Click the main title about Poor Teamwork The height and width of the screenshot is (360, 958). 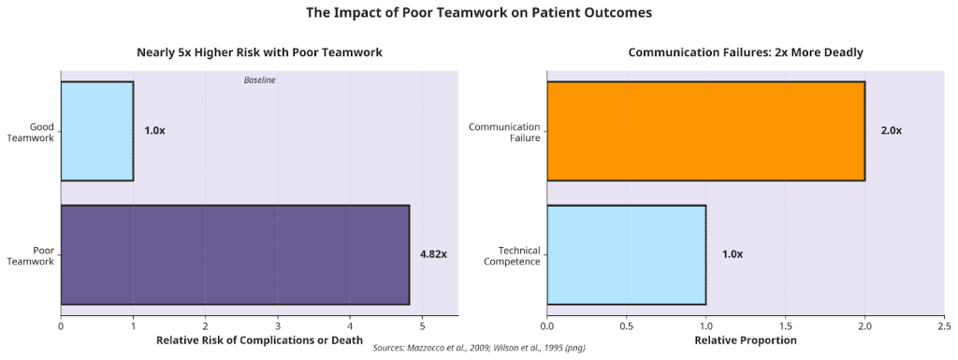click(479, 13)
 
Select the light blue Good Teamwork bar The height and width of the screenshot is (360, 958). click(97, 131)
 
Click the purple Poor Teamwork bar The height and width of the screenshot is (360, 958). click(235, 254)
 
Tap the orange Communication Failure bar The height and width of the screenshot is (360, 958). click(705, 131)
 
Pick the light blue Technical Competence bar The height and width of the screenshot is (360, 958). click(626, 254)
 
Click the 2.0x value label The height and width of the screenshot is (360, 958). click(891, 131)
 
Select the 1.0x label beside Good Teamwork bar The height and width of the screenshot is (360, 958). click(154, 131)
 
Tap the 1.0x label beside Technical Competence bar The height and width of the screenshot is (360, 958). click(732, 254)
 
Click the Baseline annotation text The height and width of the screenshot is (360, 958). click(259, 80)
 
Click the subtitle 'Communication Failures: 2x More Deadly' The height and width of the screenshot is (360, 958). click(745, 52)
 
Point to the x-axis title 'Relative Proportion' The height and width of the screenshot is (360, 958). click(745, 341)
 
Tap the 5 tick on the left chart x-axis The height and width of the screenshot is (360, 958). click(422, 325)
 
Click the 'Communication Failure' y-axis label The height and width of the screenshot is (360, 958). click(504, 132)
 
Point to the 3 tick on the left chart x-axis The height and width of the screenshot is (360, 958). click(278, 325)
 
